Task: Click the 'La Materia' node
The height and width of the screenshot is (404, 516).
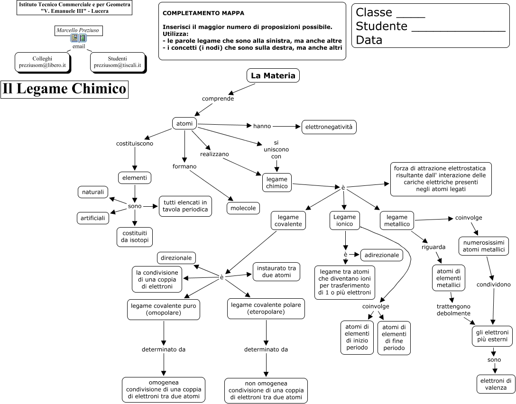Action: [273, 75]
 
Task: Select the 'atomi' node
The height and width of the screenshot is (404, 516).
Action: [184, 123]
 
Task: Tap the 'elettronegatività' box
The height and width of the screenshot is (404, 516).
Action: [329, 127]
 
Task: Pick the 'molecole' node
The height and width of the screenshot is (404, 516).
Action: [243, 208]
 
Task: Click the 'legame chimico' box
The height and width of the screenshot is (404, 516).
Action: [277, 183]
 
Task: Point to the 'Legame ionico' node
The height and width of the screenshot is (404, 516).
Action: [344, 220]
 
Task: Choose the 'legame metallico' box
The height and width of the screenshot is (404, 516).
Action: [397, 220]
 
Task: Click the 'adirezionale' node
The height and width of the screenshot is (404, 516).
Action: [382, 255]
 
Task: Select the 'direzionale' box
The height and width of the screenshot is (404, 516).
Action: [176, 258]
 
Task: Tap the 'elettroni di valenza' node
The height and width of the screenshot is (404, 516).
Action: [496, 384]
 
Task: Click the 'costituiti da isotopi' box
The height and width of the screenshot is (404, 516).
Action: [135, 237]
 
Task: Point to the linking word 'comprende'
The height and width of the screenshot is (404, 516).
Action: [218, 98]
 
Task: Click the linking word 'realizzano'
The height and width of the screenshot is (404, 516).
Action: [214, 154]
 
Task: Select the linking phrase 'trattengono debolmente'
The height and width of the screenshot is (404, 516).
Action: [453, 310]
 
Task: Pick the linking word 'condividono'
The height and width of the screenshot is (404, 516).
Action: [494, 284]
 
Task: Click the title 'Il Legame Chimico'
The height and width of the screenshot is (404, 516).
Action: [64, 89]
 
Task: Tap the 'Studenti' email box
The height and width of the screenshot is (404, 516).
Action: [118, 62]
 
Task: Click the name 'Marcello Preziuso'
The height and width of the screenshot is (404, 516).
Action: [78, 30]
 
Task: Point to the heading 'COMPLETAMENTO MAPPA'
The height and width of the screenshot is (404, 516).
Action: [203, 13]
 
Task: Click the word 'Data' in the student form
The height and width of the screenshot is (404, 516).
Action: [369, 40]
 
